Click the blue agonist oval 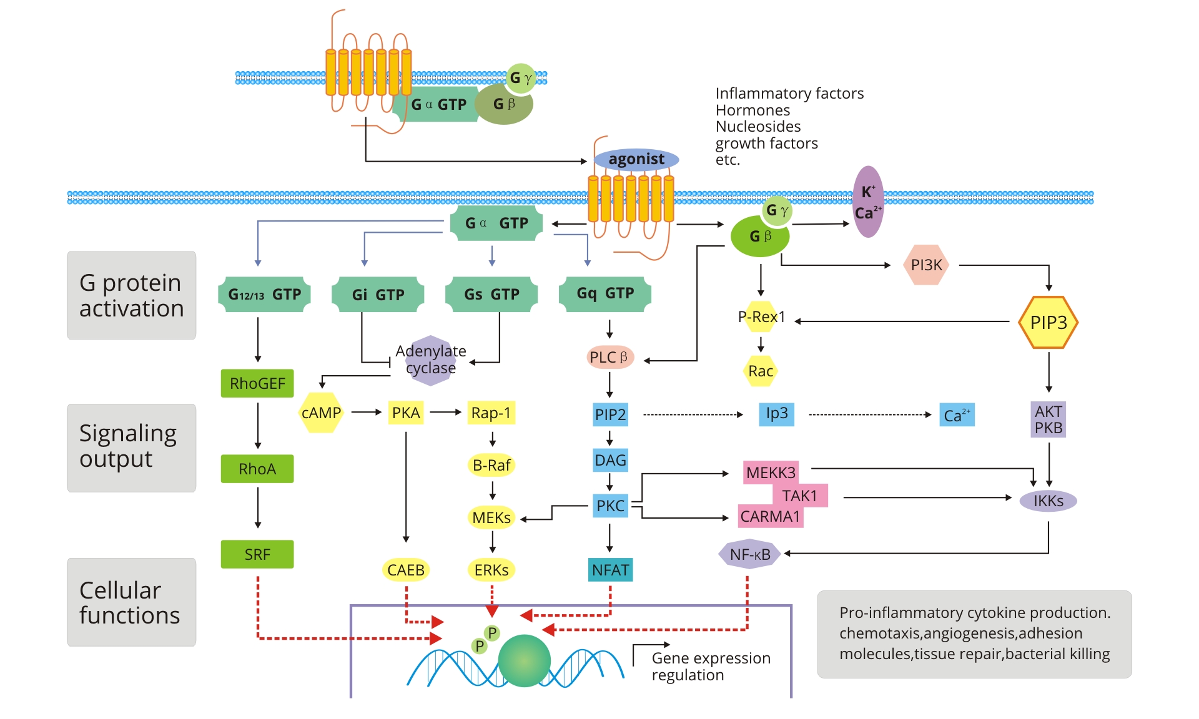[636, 159]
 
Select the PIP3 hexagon [1048, 322]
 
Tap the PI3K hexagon [926, 265]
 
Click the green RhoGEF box [257, 383]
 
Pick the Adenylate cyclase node [430, 360]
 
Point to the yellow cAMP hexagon [321, 413]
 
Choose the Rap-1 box [491, 413]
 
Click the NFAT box [610, 570]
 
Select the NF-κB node [749, 554]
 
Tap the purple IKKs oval [1048, 501]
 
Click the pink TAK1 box [800, 496]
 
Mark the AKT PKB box [1048, 419]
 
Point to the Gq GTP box [605, 293]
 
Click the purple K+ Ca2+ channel [868, 202]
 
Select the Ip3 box [777, 414]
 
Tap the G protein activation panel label [131, 295]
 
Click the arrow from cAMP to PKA [367, 412]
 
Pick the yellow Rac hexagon [760, 371]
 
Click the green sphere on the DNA [524, 661]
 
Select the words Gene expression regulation [710, 667]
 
